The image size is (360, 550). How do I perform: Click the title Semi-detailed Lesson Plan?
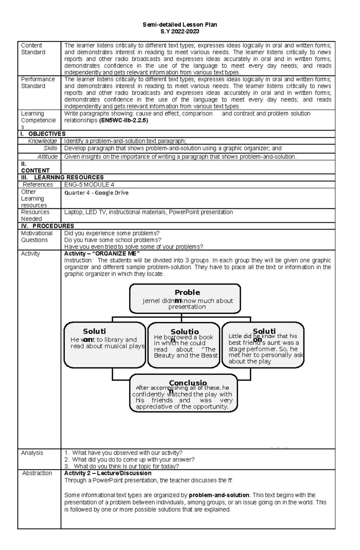click(x=180, y=25)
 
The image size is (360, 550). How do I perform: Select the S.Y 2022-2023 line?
click(x=180, y=31)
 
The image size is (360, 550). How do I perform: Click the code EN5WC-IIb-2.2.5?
click(x=123, y=120)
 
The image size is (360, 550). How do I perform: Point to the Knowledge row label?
click(x=42, y=141)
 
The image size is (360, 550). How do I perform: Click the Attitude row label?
click(x=47, y=156)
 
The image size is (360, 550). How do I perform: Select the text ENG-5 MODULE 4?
click(x=89, y=185)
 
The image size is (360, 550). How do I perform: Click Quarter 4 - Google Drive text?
click(x=96, y=193)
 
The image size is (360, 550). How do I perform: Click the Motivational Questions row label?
click(x=37, y=236)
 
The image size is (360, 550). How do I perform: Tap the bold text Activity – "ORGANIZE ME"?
click(x=102, y=254)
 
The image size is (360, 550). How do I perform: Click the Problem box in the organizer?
click(x=185, y=299)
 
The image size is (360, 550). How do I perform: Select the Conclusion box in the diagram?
click(x=183, y=393)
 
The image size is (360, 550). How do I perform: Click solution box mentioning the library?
click(x=105, y=345)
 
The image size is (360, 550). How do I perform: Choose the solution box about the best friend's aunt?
click(x=263, y=345)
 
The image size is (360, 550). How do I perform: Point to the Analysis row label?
click(x=32, y=453)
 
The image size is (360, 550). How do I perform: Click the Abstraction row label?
click(x=37, y=473)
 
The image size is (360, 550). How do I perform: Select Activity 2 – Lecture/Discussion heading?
click(x=108, y=473)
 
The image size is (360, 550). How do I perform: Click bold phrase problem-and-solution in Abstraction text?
click(x=219, y=495)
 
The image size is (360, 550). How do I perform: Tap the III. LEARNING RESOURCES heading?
click(x=62, y=177)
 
